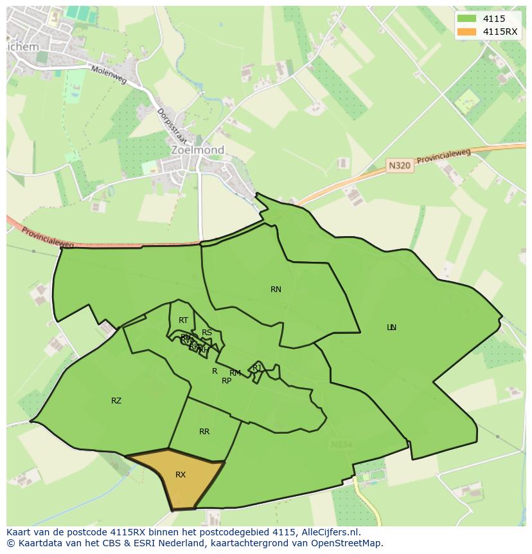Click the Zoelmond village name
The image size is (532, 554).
[197, 150]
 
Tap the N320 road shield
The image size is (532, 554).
[399, 165]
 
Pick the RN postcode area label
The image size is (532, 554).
[276, 290]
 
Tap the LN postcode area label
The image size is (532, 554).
[391, 328]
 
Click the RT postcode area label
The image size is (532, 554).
[184, 320]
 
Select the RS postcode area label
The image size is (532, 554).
[207, 333]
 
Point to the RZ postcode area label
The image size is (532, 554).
[116, 401]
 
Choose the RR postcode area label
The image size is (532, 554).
[204, 432]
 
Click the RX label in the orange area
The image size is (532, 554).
[181, 475]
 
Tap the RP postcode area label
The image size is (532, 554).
[226, 381]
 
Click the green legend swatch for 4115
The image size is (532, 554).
[467, 19]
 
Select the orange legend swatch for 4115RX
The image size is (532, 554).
[467, 32]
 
